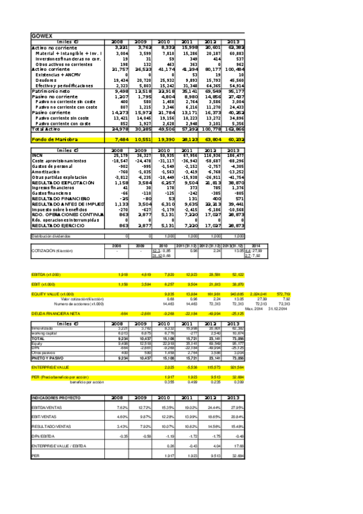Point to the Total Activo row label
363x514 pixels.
point(45,129)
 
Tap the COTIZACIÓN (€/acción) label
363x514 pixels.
point(55,250)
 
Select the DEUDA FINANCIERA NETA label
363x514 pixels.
point(53,313)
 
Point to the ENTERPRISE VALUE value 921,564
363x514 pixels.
point(235,351)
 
